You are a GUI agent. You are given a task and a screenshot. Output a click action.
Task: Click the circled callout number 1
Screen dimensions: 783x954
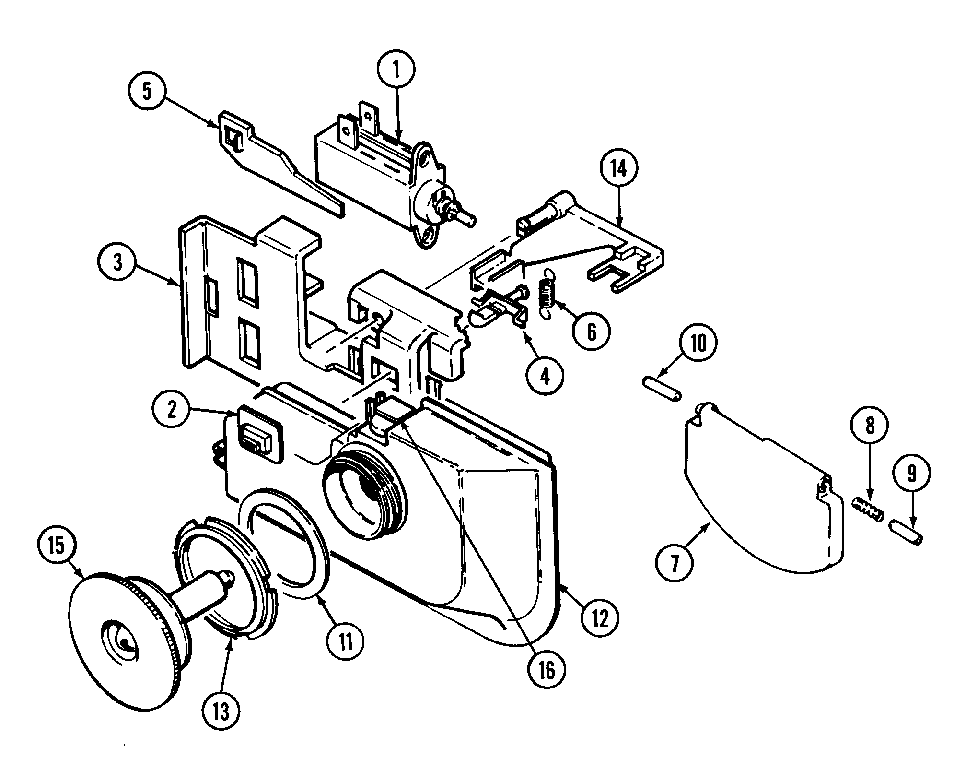pyautogui.click(x=396, y=70)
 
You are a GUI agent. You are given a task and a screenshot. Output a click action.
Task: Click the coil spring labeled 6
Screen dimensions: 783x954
pyautogui.click(x=544, y=298)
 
